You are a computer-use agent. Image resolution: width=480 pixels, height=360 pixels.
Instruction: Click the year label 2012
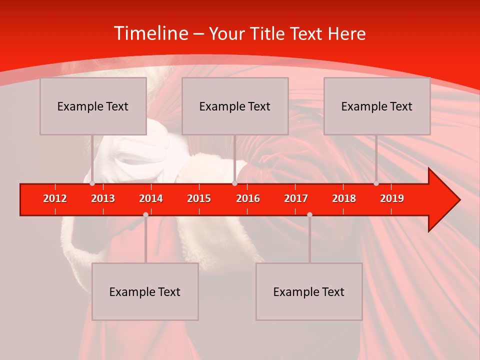coord(55,198)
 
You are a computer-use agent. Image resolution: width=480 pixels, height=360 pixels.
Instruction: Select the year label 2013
coord(103,198)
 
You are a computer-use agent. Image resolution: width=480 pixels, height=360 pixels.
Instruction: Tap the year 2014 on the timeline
coord(151,198)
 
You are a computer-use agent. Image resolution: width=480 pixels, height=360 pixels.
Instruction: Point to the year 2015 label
coord(199,198)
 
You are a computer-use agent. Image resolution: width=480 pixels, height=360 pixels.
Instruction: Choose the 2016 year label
coord(248,198)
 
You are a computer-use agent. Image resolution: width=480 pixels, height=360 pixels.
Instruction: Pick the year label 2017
coord(296,198)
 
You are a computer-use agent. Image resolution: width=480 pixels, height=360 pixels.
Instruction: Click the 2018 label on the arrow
coord(344,198)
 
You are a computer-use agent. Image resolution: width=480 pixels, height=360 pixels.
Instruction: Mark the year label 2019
coord(392,198)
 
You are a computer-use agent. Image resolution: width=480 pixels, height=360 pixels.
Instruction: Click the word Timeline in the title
coord(150,33)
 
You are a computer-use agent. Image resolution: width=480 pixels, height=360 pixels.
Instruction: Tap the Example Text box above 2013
coord(93,106)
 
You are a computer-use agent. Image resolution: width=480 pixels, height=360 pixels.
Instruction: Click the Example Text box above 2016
coord(235,106)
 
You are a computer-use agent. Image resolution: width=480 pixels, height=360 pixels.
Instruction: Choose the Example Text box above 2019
coord(377,106)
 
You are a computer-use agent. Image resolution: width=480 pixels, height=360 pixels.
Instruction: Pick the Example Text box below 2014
coord(145,292)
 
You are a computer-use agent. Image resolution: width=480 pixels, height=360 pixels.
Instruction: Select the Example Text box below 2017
coord(309,292)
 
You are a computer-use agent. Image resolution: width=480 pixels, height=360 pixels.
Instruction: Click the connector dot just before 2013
coord(92,183)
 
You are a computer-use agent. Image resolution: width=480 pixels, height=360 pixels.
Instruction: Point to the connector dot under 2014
coord(145,214)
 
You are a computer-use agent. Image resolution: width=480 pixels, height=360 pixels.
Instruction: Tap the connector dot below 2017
coord(309,214)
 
